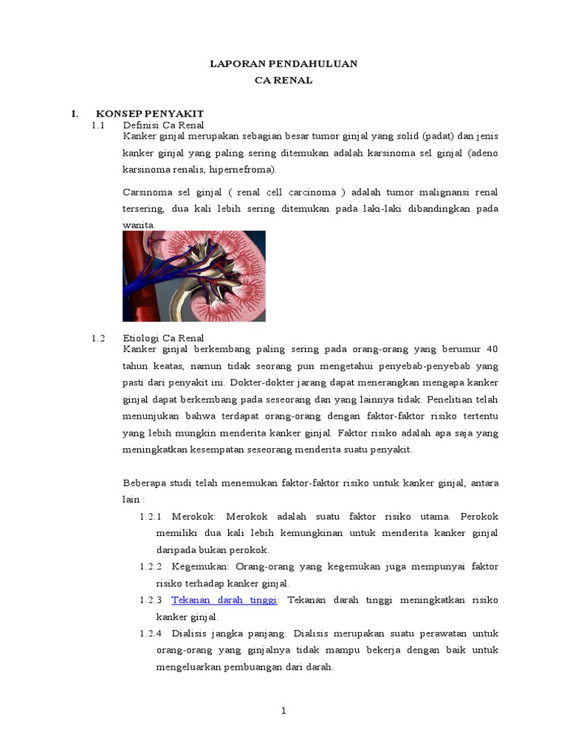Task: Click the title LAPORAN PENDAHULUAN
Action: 283,64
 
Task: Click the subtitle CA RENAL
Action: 283,80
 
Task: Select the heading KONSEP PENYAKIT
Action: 149,114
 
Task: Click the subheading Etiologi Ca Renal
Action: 162,338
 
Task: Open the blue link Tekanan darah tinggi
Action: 224,600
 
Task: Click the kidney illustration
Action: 193,276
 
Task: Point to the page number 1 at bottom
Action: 283,711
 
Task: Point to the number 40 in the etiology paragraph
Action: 492,349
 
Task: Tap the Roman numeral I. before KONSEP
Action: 75,114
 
